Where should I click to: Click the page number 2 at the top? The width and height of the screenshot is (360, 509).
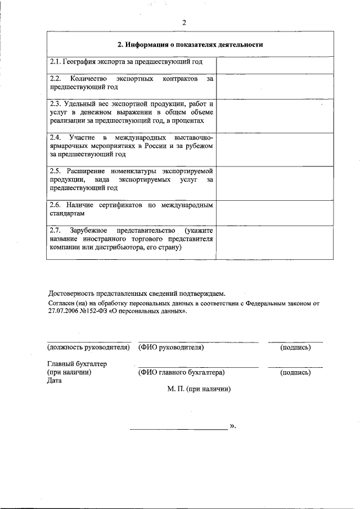coord(183,22)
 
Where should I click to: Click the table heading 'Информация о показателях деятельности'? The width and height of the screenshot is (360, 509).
coord(190,44)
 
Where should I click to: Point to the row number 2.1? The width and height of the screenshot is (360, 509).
coord(55,61)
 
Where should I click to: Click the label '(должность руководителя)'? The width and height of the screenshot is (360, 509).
coord(89,348)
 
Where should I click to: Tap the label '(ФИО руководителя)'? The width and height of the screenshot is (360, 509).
coord(171,348)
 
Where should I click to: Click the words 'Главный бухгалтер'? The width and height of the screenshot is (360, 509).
coord(77,364)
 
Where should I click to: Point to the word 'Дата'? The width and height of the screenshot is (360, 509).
coord(55,380)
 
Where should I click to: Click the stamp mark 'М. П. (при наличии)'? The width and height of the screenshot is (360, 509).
coord(199,389)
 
